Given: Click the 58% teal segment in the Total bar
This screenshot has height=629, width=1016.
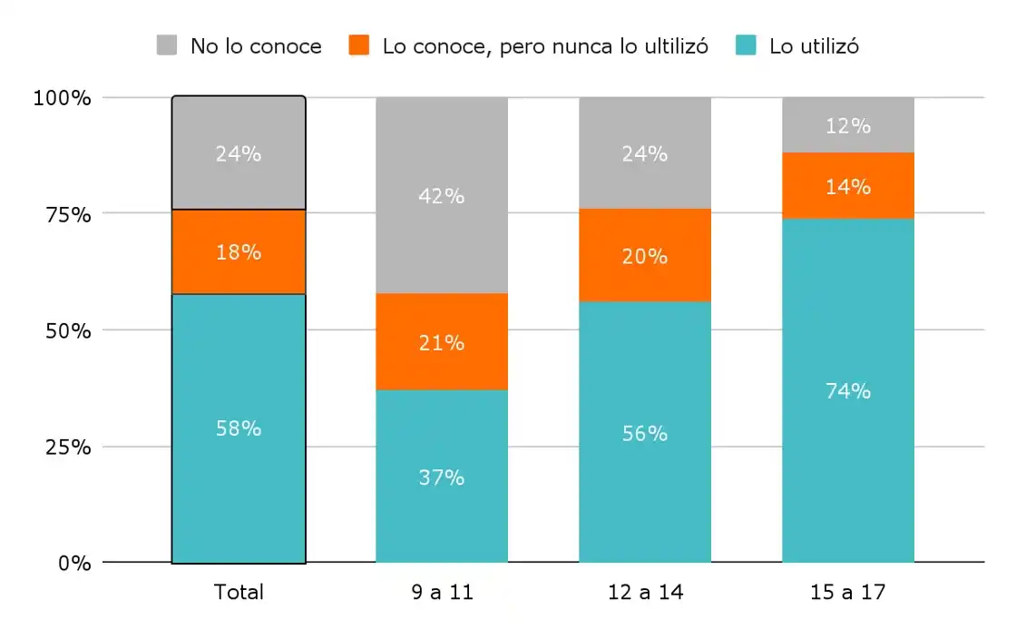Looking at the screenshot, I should click(x=239, y=428).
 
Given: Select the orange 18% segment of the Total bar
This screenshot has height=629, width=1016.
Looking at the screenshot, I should click(x=239, y=252).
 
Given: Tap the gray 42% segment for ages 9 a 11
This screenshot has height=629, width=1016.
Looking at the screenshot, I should click(x=442, y=195).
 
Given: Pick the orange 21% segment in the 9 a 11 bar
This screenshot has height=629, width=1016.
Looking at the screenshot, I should click(x=442, y=342).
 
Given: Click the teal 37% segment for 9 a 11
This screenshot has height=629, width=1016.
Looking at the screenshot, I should click(x=442, y=477).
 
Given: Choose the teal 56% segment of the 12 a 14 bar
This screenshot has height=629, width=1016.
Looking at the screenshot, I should click(x=645, y=434).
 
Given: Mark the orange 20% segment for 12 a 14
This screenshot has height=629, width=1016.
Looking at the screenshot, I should click(x=645, y=256).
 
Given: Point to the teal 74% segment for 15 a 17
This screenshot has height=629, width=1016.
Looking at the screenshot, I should click(x=848, y=391).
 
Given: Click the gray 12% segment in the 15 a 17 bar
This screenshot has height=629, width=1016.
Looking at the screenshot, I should click(x=848, y=125).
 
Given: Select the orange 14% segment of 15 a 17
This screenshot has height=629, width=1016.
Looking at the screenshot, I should click(x=848, y=186).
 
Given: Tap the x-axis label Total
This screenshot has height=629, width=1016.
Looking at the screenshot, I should click(x=239, y=593).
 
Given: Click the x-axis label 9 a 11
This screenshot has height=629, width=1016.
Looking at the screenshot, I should click(x=442, y=593).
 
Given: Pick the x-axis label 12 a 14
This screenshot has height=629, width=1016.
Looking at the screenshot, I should click(x=645, y=593).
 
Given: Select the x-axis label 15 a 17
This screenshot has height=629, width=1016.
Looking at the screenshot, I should click(x=848, y=593).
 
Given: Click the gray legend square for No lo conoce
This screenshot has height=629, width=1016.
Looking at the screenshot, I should click(x=167, y=45).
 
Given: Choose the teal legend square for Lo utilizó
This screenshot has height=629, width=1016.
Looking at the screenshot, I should click(x=747, y=45).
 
